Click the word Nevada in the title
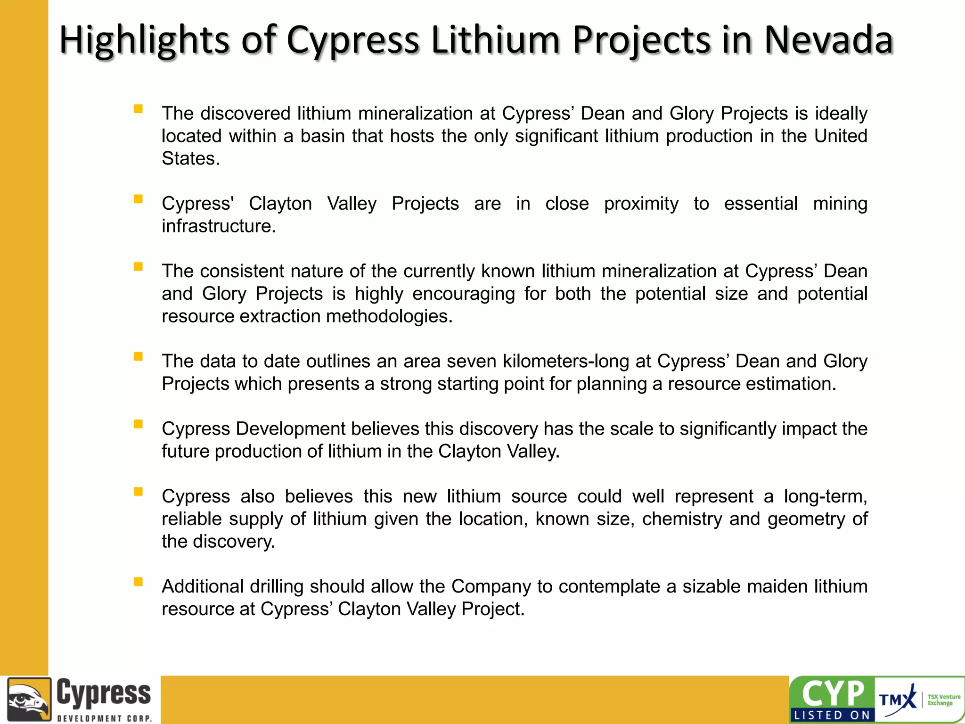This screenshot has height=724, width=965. pos(828,40)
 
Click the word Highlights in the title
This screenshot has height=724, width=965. pos(144,41)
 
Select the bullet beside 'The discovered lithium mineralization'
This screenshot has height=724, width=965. pos(138,109)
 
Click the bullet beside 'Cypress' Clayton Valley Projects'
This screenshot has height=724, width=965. pos(138,199)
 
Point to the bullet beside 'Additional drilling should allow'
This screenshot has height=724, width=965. pos(138,582)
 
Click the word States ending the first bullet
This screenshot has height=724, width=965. pos(190,159)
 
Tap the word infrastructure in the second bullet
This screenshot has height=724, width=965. pos(218,226)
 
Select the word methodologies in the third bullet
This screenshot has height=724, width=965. pos(389,316)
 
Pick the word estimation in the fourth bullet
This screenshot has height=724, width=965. pos(790,384)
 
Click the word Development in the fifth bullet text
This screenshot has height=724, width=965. pos(290,429)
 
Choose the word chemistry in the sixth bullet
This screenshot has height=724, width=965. pos(682,519)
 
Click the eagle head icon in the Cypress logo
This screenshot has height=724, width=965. pos(29,699)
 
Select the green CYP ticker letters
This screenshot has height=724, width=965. pos(833,694)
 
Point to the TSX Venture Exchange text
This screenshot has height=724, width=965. pos(943,700)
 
